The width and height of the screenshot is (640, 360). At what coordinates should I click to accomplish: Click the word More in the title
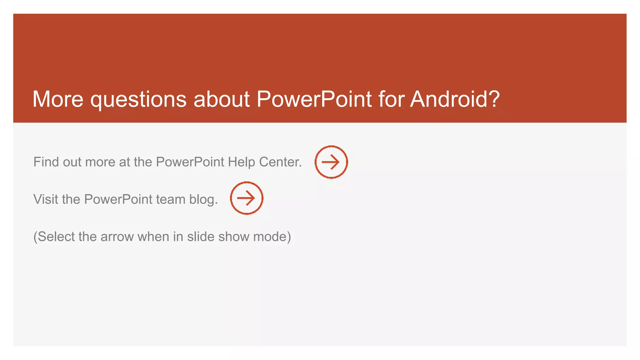58,99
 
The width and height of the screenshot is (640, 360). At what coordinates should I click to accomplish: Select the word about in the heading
222,99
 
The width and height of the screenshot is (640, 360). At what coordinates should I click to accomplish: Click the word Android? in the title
455,99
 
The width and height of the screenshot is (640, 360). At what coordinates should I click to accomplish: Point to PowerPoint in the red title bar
314,99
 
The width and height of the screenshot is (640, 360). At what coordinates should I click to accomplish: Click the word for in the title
391,99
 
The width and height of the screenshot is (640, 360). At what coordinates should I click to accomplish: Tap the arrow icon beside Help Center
331,162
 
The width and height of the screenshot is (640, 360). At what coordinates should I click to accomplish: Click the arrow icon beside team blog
247,198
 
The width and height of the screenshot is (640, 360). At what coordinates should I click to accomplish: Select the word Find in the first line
46,162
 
